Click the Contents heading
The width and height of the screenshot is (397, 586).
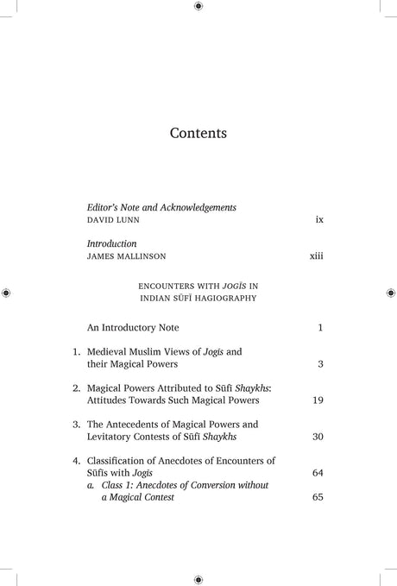pos(198,134)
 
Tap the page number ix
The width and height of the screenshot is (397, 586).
pos(318,221)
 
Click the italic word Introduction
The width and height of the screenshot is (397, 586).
pos(112,244)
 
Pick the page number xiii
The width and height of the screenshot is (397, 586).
pos(316,257)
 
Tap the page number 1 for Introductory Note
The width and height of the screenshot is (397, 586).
pos(319,329)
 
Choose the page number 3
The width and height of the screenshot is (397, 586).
pos(319,364)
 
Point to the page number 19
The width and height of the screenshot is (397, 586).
pos(317,400)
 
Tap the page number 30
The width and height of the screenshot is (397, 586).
pos(317,437)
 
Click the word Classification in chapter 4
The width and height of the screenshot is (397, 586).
pos(120,461)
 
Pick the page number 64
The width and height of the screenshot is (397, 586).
pos(317,473)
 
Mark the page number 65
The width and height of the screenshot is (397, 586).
pos(317,497)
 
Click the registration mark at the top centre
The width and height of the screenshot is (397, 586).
pos(198,7)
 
